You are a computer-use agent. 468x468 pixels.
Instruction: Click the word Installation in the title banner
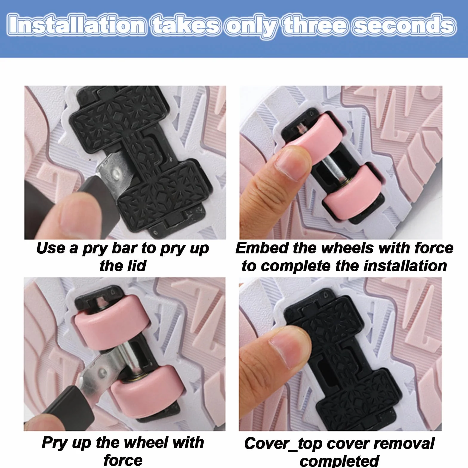coord(77,25)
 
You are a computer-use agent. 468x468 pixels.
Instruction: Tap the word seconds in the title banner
coord(404,25)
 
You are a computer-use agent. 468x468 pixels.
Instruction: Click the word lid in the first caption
coord(137,266)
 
